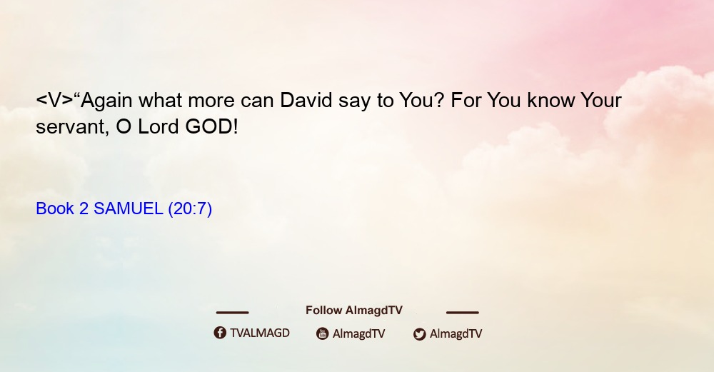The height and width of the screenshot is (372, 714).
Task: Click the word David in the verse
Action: coord(306,100)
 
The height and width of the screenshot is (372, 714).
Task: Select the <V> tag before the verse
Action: coord(54,101)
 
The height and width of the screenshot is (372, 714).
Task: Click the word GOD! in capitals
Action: coord(212,126)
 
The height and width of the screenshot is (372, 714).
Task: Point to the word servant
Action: coord(72,128)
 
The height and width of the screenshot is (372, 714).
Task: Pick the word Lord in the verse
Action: coord(158,126)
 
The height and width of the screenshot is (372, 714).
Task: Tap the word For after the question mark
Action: coord(466,100)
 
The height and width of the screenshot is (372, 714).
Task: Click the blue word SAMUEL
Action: coord(128,208)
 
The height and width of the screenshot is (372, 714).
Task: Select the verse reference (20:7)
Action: coord(190,209)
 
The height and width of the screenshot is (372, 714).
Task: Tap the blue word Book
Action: coord(55,208)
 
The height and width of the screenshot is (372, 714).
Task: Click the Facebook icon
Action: coord(220,333)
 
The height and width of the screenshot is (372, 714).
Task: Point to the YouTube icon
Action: coord(323,333)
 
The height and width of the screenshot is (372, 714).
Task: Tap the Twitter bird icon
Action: coord(420,334)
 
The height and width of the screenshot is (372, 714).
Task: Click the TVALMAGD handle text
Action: coord(260,333)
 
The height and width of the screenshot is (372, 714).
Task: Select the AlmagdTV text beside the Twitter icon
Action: coord(456,333)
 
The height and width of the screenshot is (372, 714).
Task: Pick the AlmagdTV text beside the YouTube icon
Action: coord(359,333)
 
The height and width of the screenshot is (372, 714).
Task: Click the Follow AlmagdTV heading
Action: coord(354,310)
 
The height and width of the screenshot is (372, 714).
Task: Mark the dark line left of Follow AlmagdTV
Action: coord(232,312)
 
